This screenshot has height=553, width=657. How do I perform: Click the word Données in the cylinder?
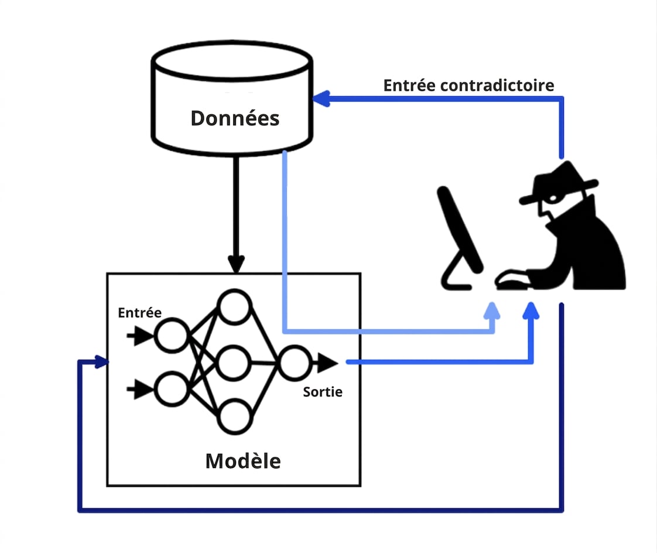pyautogui.click(x=235, y=118)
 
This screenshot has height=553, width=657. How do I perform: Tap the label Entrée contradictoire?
pyautogui.click(x=468, y=86)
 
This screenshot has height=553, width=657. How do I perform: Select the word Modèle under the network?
pyautogui.click(x=243, y=461)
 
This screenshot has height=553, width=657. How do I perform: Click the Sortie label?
pyautogui.click(x=323, y=392)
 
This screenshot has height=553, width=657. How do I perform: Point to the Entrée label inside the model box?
pyautogui.click(x=139, y=313)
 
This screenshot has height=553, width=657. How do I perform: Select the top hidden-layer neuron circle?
pyautogui.click(x=234, y=306)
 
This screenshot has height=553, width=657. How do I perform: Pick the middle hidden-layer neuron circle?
pyautogui.click(x=234, y=363)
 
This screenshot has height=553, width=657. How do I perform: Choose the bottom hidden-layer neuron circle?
pyautogui.click(x=234, y=417)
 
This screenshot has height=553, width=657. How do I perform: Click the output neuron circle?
pyautogui.click(x=295, y=363)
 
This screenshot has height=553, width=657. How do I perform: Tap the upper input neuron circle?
pyautogui.click(x=172, y=336)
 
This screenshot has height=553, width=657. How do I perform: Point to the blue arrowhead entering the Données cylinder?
pyautogui.click(x=322, y=99)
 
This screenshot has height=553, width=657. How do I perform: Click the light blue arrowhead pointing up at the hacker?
pyautogui.click(x=492, y=311)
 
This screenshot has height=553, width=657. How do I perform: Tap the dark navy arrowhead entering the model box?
pyautogui.click(x=102, y=361)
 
